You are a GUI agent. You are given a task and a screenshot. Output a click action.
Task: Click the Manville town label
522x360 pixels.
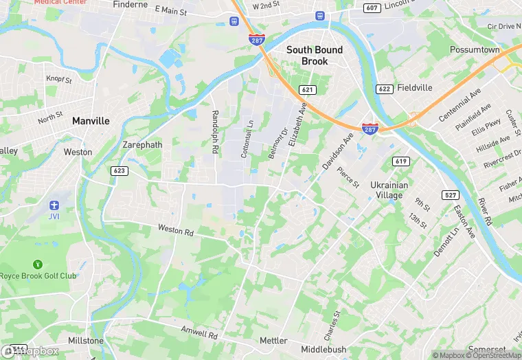point(91,121)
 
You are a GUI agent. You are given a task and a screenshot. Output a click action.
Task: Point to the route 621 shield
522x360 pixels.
point(308,90)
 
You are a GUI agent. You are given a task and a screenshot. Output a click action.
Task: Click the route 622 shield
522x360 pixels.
point(384,89)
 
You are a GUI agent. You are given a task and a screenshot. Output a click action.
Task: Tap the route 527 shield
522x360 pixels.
point(450,196)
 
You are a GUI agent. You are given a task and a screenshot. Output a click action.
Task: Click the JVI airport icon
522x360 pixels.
point(54,206)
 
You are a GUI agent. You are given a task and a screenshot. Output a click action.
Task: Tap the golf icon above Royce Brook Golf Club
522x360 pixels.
point(37,264)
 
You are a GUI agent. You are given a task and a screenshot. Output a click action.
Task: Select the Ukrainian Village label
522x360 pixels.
point(389,190)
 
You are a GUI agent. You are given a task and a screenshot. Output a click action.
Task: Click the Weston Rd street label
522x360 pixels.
point(176,229)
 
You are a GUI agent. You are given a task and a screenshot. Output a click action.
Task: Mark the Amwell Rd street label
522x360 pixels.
point(198,333)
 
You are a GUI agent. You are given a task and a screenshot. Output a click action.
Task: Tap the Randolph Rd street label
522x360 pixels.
point(215,132)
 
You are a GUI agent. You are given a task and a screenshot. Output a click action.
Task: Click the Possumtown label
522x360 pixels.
point(475,50)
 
